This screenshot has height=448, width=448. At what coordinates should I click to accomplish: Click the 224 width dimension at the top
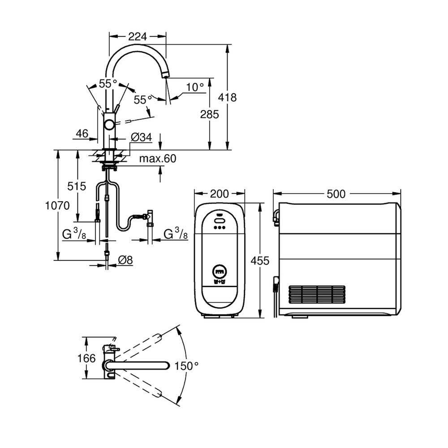(x=138, y=37)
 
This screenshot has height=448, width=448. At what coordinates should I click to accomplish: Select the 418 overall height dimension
(x=228, y=97)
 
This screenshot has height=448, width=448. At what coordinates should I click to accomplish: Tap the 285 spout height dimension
(x=209, y=114)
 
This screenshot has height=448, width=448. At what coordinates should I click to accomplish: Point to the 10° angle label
(x=195, y=87)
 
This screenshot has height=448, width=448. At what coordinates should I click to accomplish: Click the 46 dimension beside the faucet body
(x=82, y=134)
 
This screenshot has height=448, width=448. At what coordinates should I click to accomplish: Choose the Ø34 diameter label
(x=142, y=138)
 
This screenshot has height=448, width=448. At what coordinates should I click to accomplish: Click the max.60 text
(x=158, y=159)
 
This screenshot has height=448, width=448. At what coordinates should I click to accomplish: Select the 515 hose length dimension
(x=77, y=186)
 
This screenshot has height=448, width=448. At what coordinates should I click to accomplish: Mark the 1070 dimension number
(x=57, y=206)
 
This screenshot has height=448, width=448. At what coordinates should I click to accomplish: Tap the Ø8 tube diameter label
(x=125, y=260)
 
